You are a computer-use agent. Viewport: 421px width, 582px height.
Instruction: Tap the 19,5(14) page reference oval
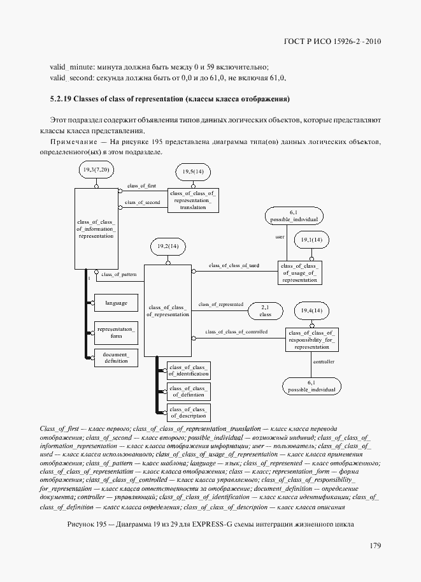click(x=192, y=171)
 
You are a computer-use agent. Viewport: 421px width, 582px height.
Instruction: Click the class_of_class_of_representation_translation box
click(x=193, y=200)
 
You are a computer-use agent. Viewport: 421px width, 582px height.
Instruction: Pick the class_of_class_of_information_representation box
click(x=96, y=228)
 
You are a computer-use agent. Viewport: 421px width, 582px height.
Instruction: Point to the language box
click(x=116, y=303)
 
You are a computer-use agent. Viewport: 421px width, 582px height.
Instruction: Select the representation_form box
click(x=116, y=332)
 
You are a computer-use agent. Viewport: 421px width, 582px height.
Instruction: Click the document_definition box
click(x=116, y=358)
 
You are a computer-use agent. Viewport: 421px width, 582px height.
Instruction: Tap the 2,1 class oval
click(x=266, y=310)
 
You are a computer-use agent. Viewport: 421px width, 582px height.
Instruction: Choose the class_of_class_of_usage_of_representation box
click(x=299, y=272)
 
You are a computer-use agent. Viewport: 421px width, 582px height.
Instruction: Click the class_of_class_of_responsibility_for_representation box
click(x=312, y=340)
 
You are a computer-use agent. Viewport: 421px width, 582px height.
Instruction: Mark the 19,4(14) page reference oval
click(x=312, y=310)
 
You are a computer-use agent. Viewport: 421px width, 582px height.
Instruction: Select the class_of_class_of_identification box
click(x=188, y=370)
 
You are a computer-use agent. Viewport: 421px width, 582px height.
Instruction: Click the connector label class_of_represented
click(x=220, y=305)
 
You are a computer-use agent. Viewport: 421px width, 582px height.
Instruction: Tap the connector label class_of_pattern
click(x=118, y=274)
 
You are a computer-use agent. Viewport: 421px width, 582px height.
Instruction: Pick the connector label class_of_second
click(x=142, y=202)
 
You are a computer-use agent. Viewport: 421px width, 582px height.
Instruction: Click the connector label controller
click(x=324, y=361)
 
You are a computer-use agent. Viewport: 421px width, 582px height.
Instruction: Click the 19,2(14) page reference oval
click(x=168, y=245)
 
